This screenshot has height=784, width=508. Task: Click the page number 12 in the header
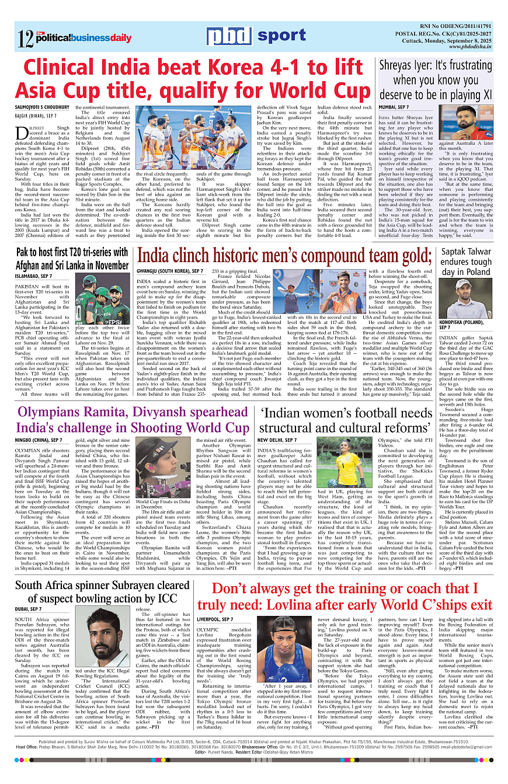point(25,39)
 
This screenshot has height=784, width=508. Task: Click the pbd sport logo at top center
point(256,37)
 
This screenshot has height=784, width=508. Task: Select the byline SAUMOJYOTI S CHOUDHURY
point(43,107)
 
